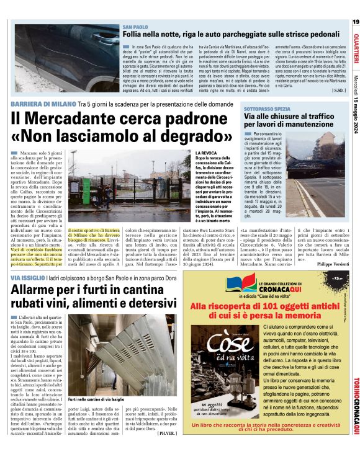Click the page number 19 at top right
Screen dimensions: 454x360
pyautogui.click(x=355, y=22)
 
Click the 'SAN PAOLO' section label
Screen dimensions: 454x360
pyautogui.click(x=135, y=28)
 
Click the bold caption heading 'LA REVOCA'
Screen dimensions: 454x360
pyautogui.click(x=207, y=153)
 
